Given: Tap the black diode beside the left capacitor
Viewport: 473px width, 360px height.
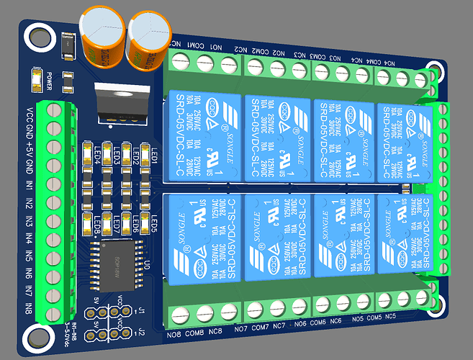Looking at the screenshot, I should [x=70, y=48].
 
